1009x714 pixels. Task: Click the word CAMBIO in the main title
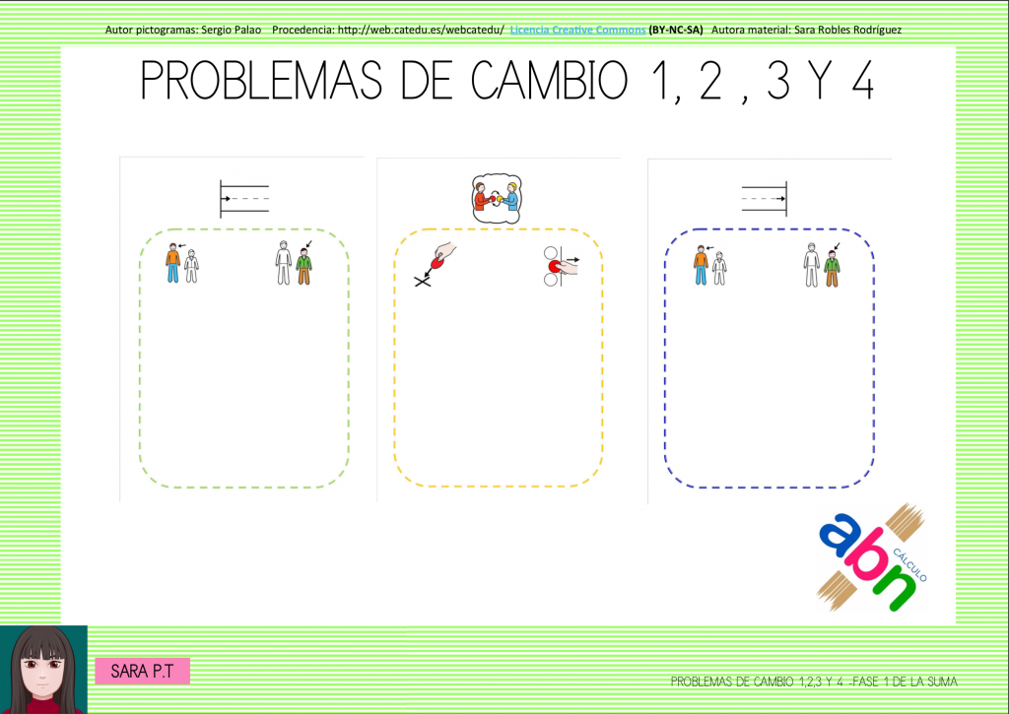[549, 81]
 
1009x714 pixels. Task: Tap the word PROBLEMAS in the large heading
[260, 81]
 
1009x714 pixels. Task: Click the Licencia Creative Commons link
[577, 30]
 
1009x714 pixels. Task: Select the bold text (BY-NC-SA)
[676, 30]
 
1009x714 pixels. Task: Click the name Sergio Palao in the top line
[231, 30]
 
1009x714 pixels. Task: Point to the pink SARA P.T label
[142, 671]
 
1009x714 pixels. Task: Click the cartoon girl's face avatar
[43, 670]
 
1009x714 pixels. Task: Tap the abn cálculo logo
[872, 557]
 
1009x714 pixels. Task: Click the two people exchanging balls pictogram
[497, 199]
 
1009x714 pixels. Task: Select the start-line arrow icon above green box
[244, 199]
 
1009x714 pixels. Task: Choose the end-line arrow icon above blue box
[765, 199]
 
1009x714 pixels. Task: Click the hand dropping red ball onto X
[435, 264]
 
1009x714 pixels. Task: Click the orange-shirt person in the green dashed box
[172, 263]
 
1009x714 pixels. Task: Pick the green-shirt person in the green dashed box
[304, 266]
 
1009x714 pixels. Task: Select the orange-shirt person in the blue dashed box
[701, 265]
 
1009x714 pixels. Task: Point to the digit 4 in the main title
[862, 81]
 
